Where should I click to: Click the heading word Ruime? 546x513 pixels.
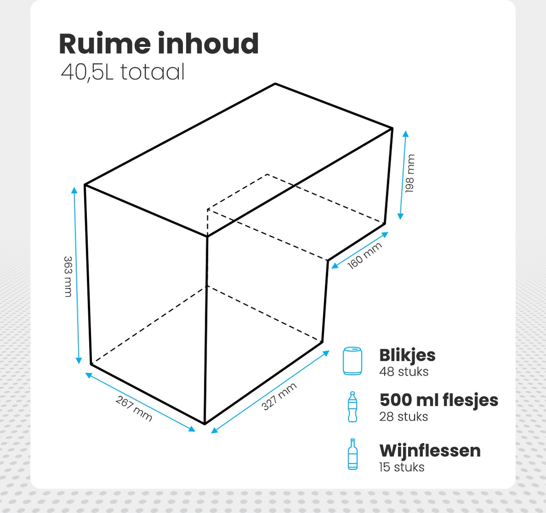[105, 44]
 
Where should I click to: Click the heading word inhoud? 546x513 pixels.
[208, 43]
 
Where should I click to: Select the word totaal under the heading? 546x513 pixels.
[152, 72]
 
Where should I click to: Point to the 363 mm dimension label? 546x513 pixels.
[68, 277]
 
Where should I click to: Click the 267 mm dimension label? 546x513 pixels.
[134, 408]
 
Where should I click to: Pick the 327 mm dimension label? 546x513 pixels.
[279, 397]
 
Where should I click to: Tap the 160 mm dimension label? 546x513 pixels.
[364, 256]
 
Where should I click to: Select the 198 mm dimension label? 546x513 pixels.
[409, 173]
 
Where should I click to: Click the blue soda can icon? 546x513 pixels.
[352, 361]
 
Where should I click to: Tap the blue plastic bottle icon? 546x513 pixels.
[353, 407]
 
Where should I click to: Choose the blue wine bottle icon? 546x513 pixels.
[353, 454]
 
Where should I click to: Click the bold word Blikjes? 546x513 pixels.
[407, 355]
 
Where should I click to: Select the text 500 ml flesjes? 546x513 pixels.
[439, 400]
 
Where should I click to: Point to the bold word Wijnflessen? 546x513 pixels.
[430, 451]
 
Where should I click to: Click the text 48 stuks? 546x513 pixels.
[404, 372]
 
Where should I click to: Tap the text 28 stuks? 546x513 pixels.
[404, 417]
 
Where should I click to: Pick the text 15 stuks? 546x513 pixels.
[402, 467]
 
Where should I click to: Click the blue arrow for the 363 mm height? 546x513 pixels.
[76, 275]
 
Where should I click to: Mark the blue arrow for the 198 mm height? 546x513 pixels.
[403, 175]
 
